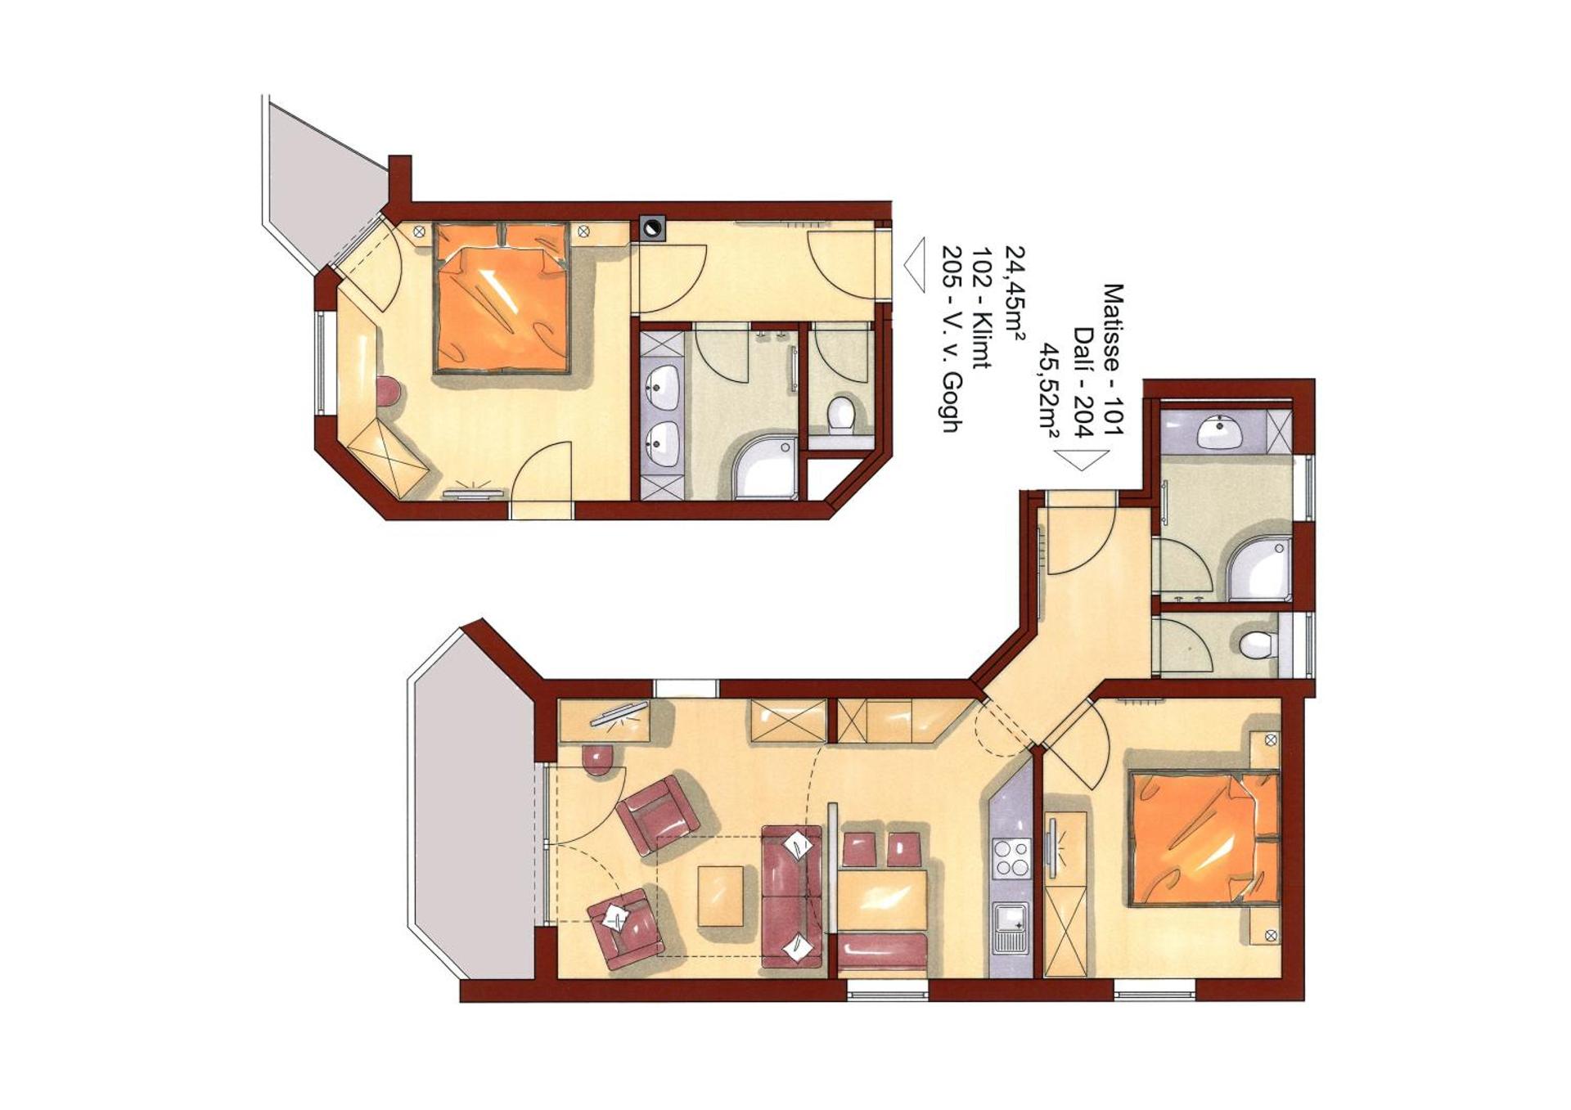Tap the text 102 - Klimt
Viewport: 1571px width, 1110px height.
(x=982, y=308)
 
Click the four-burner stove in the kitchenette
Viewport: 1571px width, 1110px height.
(x=1011, y=859)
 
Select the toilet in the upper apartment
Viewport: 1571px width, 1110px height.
(x=840, y=413)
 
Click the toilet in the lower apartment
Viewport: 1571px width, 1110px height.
(x=1258, y=645)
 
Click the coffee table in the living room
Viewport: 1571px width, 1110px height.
(x=721, y=896)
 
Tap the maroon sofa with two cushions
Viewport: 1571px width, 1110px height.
(x=791, y=896)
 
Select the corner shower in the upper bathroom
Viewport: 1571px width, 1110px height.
(x=767, y=468)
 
